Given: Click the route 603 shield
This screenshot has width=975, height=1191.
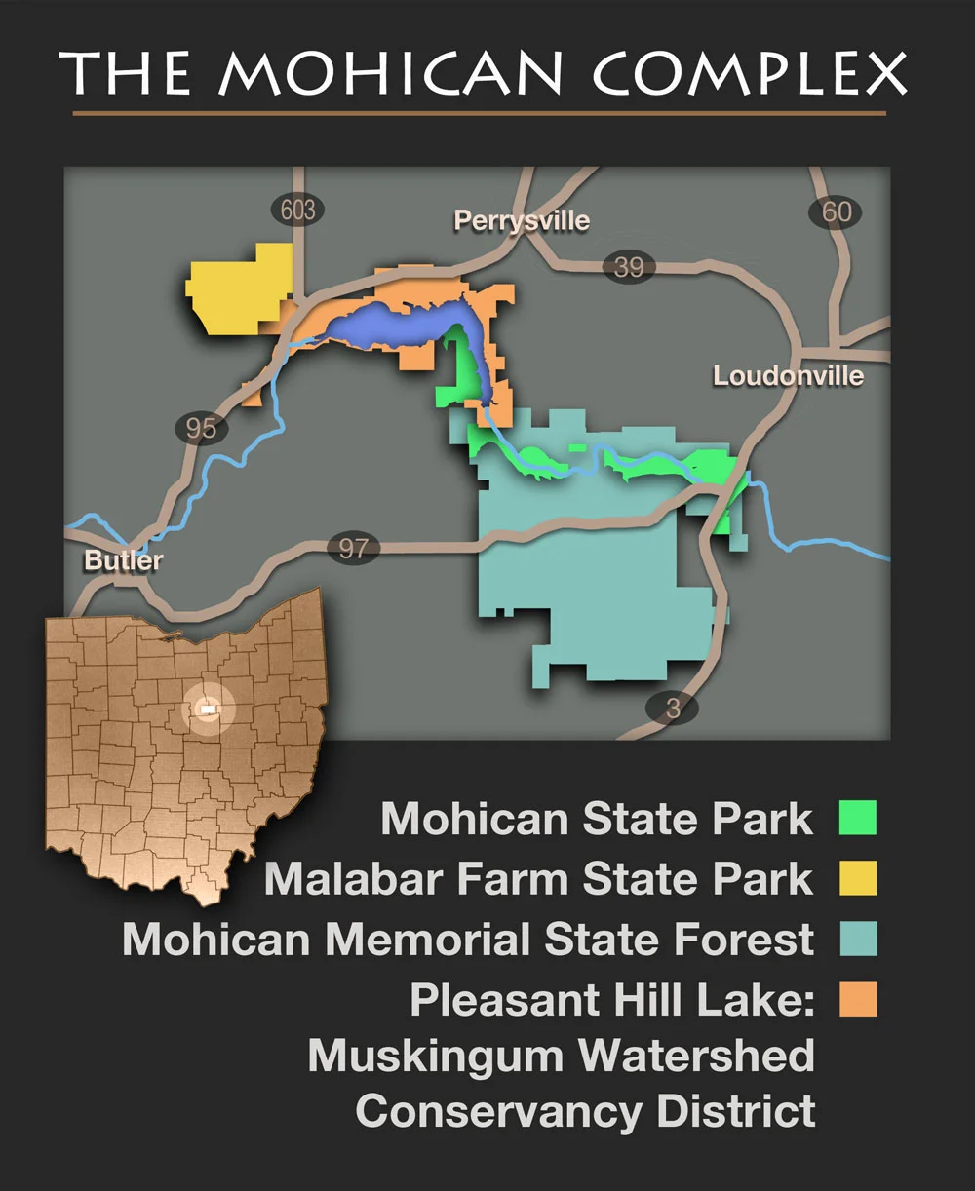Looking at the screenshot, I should [297, 210].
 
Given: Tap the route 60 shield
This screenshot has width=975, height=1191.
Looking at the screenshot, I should [837, 211].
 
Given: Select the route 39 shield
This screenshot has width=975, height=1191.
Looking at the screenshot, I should [628, 267].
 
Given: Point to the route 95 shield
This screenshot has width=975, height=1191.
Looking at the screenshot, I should [201, 427].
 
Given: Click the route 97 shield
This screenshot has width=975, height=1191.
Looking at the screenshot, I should [352, 548].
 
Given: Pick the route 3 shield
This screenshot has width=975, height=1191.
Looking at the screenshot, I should [673, 709].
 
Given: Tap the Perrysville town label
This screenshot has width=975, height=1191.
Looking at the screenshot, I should [522, 221].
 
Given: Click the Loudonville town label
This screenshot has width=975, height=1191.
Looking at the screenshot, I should [788, 376].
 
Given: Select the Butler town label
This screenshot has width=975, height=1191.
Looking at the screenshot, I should [123, 560].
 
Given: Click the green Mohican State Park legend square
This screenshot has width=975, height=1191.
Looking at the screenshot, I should [858, 818].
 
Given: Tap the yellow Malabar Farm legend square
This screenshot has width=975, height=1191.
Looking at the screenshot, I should [858, 878].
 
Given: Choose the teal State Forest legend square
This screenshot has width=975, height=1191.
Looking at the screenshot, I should [858, 939].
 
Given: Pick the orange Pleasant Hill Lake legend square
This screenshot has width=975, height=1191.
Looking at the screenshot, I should [858, 999].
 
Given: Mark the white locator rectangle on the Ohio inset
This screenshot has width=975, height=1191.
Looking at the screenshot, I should [206, 710].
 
